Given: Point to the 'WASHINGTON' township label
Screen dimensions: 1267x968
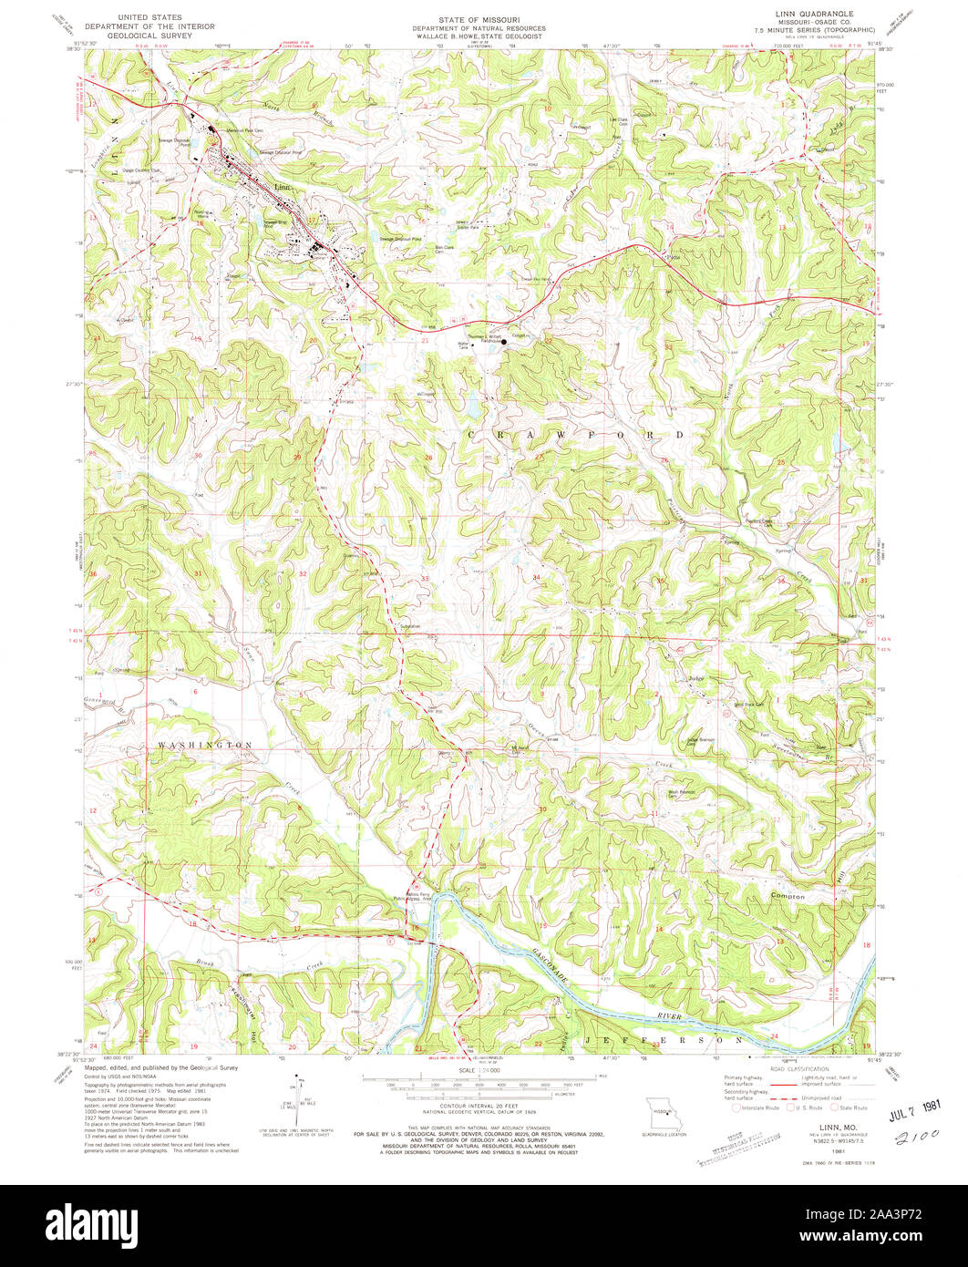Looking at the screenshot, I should (x=204, y=745).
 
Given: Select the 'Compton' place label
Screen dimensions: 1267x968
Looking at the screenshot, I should (x=787, y=897).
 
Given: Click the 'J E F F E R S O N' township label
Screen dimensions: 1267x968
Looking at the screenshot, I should (x=664, y=1039).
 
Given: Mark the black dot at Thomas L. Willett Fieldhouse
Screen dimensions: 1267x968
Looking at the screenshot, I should (x=504, y=343).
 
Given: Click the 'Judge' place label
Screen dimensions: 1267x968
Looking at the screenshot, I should (x=696, y=678).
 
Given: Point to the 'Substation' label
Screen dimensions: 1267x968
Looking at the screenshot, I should (x=410, y=627).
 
